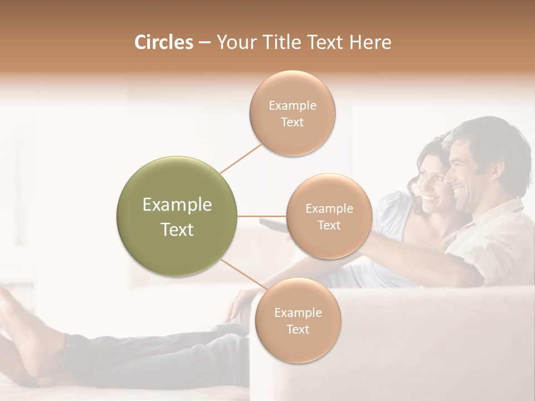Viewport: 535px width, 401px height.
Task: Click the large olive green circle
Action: coord(177,217)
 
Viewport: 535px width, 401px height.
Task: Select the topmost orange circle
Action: coord(292,113)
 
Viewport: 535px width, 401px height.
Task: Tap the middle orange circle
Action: coord(329,216)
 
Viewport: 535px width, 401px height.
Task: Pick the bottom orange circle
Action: coord(298,320)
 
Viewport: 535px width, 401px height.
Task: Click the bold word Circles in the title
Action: coord(164,42)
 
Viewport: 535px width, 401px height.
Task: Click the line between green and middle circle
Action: coord(262,216)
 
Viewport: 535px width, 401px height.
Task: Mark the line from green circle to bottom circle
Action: coord(244,276)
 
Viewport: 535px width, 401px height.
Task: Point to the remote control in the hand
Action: coord(273,225)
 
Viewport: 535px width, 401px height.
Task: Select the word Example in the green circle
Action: coord(177,205)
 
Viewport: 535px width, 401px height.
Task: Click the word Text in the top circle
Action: coord(292,122)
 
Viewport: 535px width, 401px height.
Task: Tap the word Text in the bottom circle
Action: coord(298,329)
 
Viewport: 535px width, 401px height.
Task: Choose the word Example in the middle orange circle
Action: coord(329,208)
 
